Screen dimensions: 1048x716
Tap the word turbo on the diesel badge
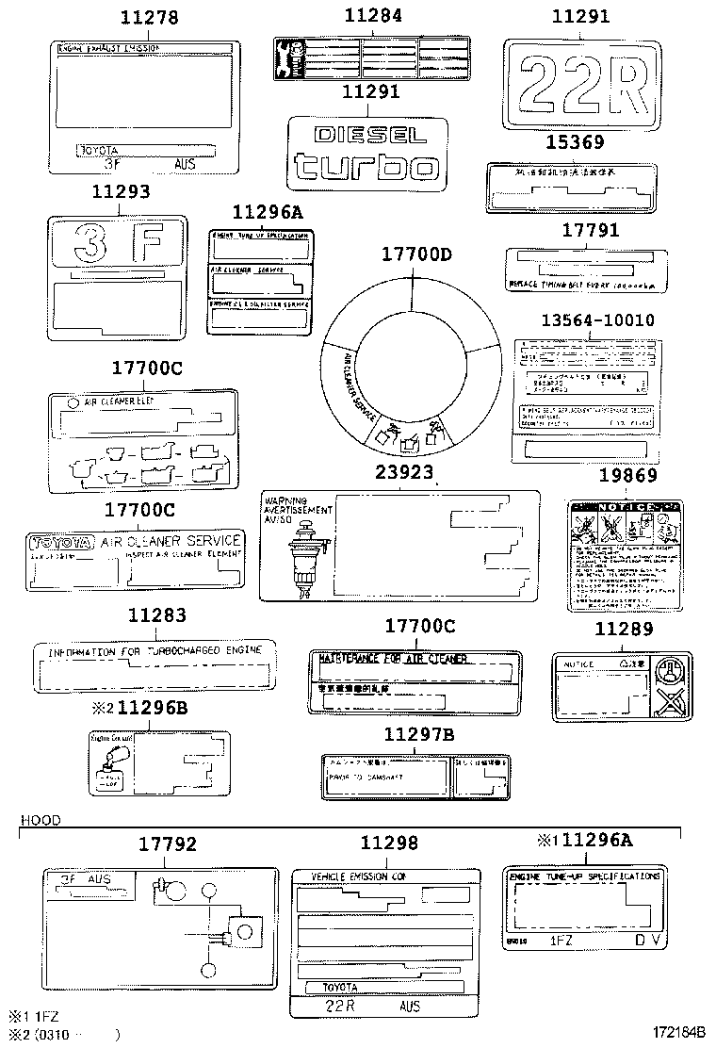click(365, 166)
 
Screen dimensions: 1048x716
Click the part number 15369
click(575, 143)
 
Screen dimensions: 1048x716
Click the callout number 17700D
click(416, 254)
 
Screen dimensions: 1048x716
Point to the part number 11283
click(156, 615)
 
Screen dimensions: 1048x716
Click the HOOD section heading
click(41, 821)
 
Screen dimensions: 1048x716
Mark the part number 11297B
click(419, 734)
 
